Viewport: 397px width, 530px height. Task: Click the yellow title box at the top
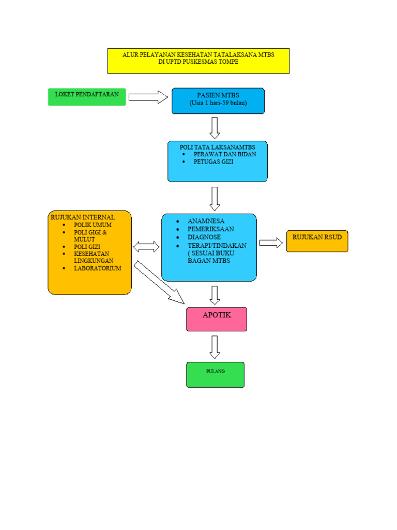(198, 61)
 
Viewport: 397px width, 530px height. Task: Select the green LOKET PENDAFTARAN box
(87, 97)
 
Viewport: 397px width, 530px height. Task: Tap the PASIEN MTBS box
(218, 100)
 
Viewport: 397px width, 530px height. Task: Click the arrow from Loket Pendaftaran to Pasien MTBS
(148, 97)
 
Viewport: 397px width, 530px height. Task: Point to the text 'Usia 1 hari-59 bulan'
(218, 103)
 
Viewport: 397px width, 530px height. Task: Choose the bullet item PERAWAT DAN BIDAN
(224, 154)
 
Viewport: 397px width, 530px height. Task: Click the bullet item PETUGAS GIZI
(213, 162)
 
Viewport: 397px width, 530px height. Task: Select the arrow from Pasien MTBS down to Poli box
(215, 127)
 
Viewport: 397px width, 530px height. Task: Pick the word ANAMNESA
(206, 221)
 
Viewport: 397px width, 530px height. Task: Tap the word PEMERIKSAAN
(210, 229)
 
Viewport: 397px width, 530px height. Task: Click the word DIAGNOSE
(204, 237)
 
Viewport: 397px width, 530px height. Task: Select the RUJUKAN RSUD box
(317, 241)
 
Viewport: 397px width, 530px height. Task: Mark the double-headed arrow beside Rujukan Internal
(147, 246)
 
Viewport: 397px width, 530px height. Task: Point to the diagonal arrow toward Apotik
(159, 283)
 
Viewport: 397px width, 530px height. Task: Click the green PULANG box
(215, 374)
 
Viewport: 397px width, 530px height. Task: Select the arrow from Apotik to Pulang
(215, 347)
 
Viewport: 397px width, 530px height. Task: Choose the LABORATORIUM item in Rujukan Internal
(97, 269)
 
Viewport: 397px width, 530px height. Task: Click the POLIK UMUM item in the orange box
(93, 225)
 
